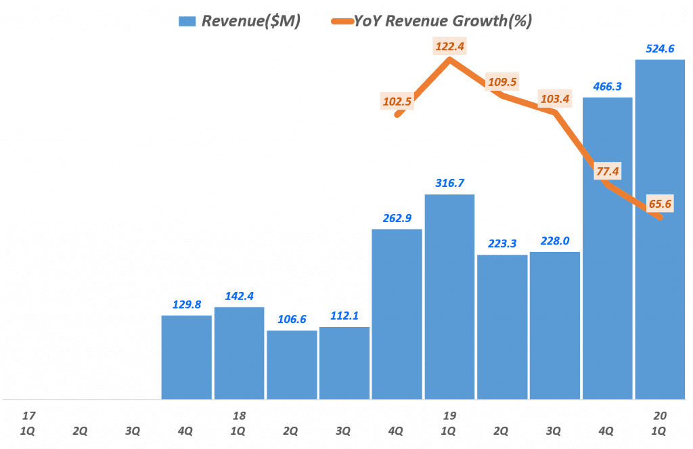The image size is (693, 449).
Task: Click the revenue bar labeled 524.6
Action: (x=660, y=230)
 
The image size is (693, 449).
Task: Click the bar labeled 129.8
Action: (x=186, y=357)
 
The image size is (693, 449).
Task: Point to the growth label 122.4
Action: (x=449, y=47)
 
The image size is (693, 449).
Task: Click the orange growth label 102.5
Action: (x=397, y=102)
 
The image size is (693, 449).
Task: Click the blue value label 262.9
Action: (x=397, y=218)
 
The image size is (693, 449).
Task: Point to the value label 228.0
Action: (x=554, y=241)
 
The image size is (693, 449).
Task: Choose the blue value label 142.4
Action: (x=239, y=296)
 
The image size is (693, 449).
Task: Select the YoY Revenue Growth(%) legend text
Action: (x=443, y=21)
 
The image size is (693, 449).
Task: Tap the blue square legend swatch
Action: (x=186, y=21)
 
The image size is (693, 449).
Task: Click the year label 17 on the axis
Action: (x=27, y=415)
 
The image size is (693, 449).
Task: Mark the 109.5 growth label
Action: (x=501, y=82)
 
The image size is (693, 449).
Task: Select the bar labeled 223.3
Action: (x=502, y=326)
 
